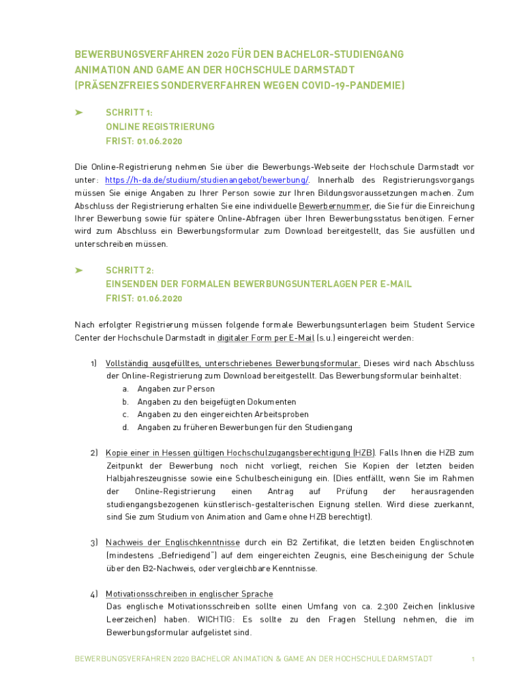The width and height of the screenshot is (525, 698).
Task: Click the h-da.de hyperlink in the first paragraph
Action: click(207, 179)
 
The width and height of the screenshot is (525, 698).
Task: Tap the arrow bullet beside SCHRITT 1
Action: click(79, 112)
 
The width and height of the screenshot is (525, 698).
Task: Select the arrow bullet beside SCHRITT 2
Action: click(79, 270)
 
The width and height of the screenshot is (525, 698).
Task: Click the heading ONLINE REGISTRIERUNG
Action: click(160, 127)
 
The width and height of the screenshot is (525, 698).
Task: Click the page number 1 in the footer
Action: click(473, 659)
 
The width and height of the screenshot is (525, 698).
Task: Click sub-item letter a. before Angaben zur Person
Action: click(125, 389)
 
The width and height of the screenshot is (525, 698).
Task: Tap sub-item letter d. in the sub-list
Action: click(125, 427)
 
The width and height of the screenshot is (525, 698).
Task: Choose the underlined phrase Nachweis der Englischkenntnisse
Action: click(172, 543)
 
